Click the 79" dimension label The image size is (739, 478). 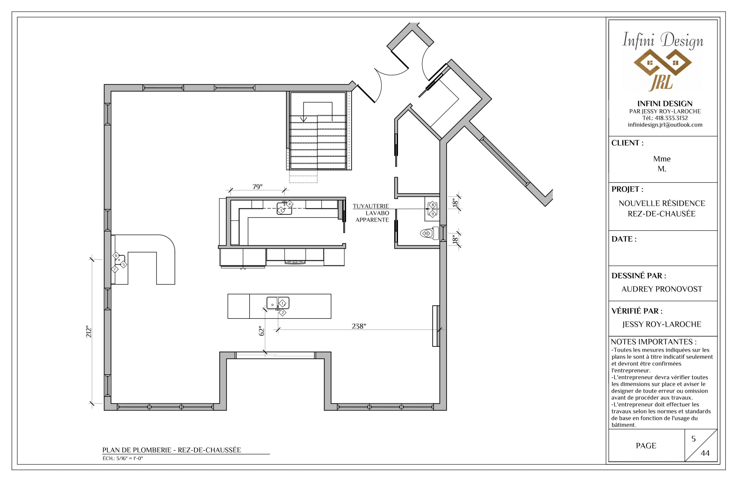(x=257, y=186)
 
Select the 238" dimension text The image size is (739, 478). (x=359, y=326)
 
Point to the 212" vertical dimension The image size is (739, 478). (x=89, y=332)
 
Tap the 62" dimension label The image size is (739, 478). (x=261, y=331)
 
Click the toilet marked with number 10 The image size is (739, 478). (x=429, y=233)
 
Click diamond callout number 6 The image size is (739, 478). (x=116, y=255)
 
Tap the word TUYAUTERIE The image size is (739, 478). (x=371, y=206)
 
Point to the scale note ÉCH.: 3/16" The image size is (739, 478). (x=123, y=459)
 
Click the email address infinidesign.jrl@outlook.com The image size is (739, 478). (x=665, y=125)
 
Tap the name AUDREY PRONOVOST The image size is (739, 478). (x=662, y=289)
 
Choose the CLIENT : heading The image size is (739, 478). (x=627, y=143)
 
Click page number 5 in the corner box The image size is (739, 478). (x=693, y=439)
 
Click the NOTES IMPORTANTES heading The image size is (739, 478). (x=653, y=342)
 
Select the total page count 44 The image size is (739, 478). (x=705, y=453)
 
